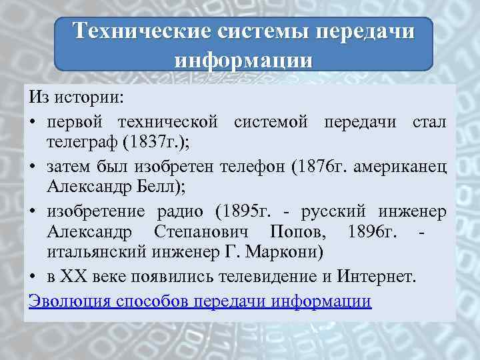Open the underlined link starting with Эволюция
click(x=200, y=300)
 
